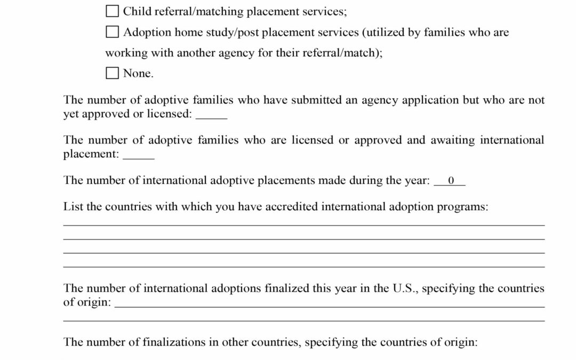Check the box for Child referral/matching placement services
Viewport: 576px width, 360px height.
[112, 11]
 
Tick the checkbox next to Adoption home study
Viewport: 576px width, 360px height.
[112, 33]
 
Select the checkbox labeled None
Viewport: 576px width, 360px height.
[112, 73]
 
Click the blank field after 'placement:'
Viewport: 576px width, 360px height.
[139, 155]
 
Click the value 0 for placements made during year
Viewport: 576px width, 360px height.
[450, 181]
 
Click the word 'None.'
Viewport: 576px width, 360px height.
[138, 74]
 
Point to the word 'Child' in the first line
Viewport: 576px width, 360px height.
[137, 11]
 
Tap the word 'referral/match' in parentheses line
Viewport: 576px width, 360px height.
[337, 53]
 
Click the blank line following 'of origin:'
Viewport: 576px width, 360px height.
[330, 303]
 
